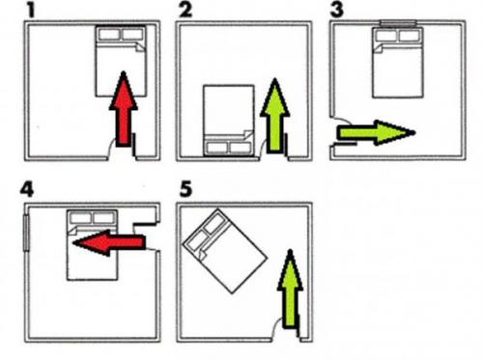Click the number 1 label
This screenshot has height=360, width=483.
tap(31, 10)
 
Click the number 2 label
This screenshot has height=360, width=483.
tap(185, 10)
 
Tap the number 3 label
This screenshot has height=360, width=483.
tap(337, 10)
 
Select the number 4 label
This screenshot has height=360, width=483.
tap(27, 189)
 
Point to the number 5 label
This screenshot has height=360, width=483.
tap(185, 189)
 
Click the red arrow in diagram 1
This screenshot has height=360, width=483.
tap(124, 109)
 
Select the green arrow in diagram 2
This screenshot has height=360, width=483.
tap(274, 116)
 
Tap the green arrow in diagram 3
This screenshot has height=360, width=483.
tap(376, 132)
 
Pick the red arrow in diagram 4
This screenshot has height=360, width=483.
tap(109, 242)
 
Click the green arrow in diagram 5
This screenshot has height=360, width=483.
tap(290, 290)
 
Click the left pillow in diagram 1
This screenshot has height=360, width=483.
tap(109, 35)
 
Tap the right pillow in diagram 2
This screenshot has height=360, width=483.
tap(241, 148)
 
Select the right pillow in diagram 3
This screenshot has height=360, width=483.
tap(410, 36)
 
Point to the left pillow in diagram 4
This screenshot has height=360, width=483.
tap(80, 218)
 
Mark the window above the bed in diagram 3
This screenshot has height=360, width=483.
tap(398, 23)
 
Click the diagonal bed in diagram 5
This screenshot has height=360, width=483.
tap(225, 251)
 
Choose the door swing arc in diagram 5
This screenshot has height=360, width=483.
tap(276, 325)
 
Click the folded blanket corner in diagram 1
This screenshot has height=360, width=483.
tap(140, 46)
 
